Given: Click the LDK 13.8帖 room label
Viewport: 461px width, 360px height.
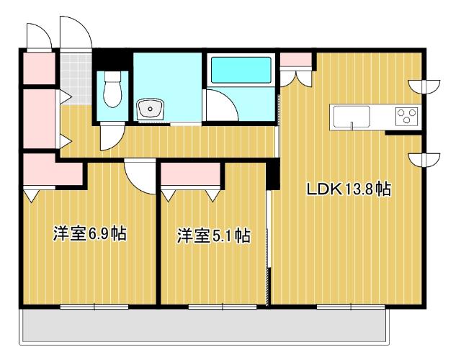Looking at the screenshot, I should (349, 190).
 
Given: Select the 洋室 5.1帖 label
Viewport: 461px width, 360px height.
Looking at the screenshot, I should (214, 235).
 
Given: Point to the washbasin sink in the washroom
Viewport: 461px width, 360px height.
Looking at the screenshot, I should (151, 110).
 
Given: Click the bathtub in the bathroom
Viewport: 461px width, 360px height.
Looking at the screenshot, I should (241, 72).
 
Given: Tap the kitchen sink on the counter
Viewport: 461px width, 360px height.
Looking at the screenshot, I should (351, 117).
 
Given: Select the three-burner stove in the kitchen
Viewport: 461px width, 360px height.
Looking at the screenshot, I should (406, 116).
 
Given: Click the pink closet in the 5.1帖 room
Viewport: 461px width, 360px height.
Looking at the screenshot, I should (192, 176).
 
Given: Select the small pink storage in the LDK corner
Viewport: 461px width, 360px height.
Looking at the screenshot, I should (292, 59).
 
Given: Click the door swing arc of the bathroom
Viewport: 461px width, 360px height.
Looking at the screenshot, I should (220, 107).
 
